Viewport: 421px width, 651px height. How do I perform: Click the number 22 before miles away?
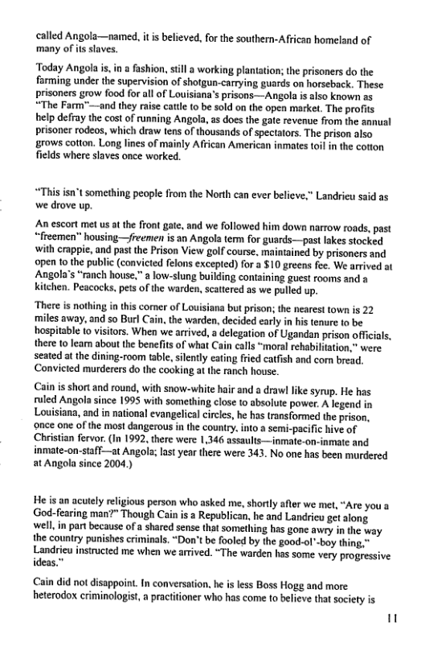click(x=370, y=332)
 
